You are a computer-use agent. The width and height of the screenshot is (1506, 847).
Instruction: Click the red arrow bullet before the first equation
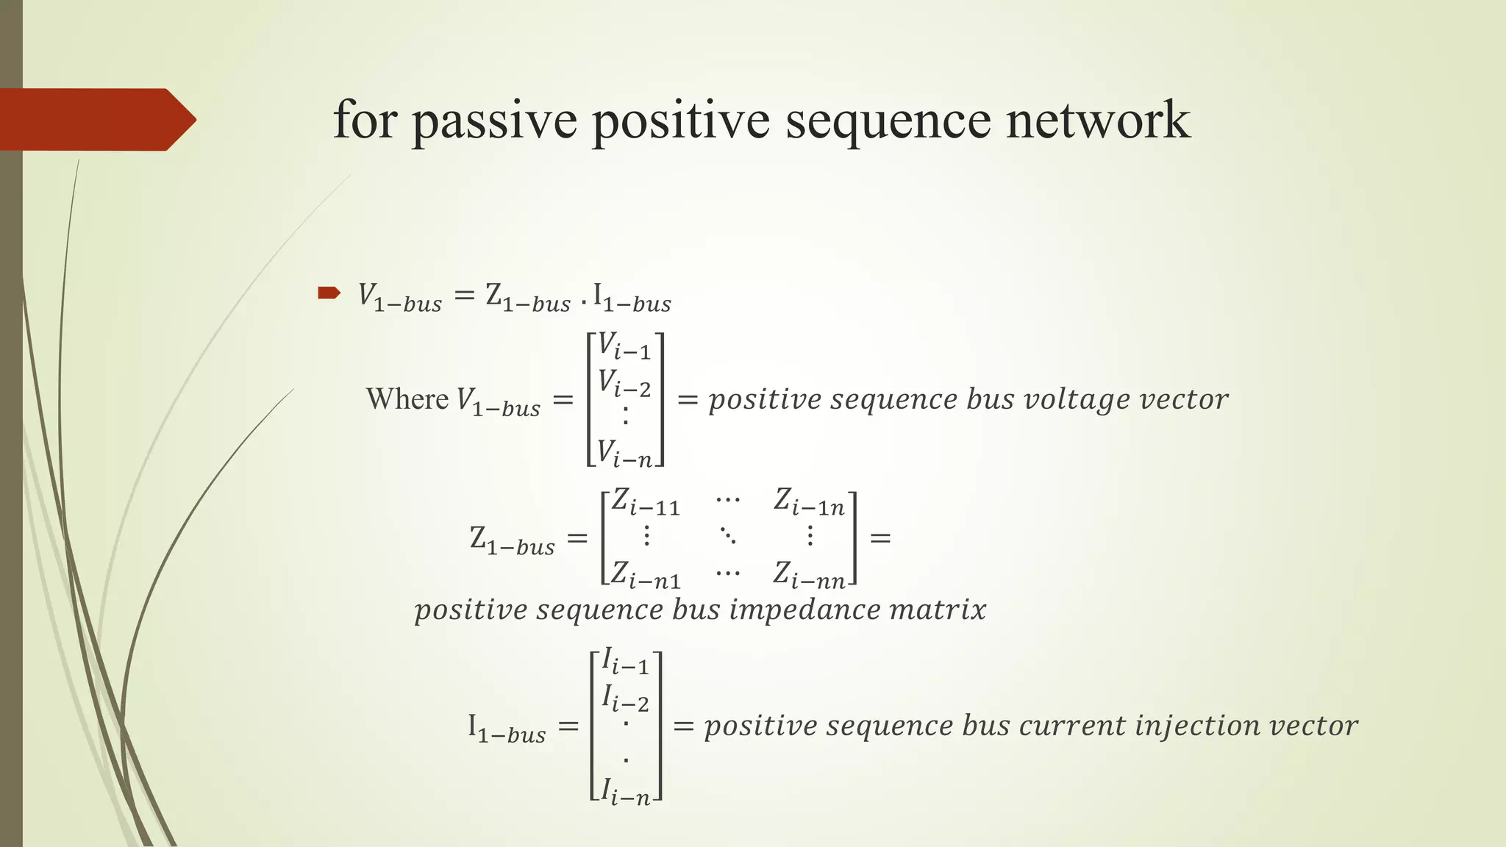329,293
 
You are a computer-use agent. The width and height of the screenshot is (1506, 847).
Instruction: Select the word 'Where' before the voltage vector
407,399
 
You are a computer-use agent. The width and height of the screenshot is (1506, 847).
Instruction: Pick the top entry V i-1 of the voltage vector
624,346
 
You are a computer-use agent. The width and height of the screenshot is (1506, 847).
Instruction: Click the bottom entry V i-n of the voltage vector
624,453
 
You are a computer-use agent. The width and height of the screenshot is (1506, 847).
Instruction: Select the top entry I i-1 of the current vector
625,661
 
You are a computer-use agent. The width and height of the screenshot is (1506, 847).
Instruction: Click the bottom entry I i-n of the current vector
625,793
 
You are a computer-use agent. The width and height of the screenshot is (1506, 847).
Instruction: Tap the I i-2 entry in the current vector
625,698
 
